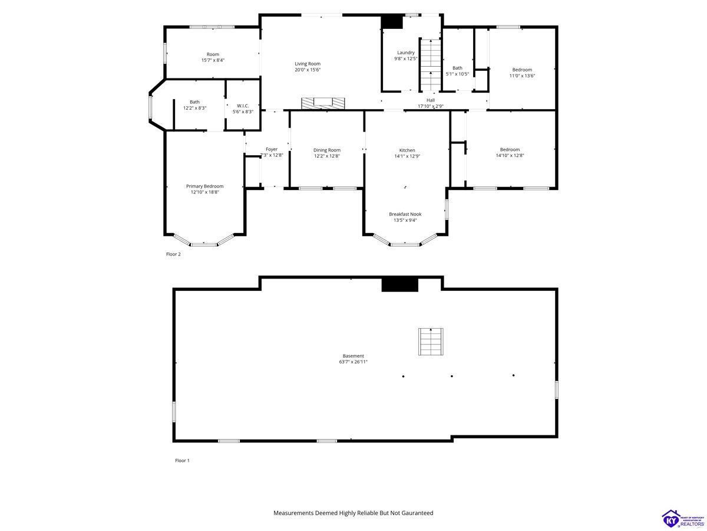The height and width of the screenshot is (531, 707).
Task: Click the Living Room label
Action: (x=308, y=64)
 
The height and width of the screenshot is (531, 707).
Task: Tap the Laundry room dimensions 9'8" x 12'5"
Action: (x=405, y=58)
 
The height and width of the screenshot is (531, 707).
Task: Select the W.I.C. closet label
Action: (x=243, y=106)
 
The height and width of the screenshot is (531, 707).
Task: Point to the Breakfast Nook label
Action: (x=405, y=214)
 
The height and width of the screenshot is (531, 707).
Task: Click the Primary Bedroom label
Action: (x=204, y=186)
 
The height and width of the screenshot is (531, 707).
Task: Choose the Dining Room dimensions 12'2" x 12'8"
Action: (x=326, y=156)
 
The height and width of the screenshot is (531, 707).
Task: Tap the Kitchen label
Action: (x=407, y=150)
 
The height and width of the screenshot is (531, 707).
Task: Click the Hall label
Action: (x=430, y=100)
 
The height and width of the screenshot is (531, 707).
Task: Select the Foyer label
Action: (x=271, y=149)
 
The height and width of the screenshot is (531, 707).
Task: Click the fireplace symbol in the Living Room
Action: (x=323, y=103)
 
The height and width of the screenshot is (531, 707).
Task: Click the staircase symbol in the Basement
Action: (x=431, y=342)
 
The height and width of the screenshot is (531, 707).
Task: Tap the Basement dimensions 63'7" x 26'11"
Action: (x=353, y=362)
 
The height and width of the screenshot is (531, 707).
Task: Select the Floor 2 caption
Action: (x=173, y=254)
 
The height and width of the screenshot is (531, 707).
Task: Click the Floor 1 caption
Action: (x=182, y=460)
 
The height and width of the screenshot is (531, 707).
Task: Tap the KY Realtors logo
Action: (x=683, y=517)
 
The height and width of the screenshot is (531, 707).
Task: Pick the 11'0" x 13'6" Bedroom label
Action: (x=522, y=70)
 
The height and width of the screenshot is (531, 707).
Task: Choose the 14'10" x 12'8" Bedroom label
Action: (x=510, y=150)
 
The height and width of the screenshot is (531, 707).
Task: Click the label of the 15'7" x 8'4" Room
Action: (x=213, y=54)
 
